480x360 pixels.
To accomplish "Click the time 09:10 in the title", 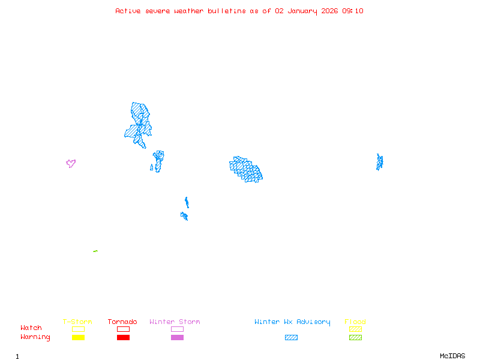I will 353,11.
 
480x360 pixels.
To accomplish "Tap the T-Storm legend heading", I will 77,322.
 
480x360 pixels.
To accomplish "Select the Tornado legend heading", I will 122,322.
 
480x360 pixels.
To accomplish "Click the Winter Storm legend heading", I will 175,322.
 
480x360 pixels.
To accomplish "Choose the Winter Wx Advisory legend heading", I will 292,322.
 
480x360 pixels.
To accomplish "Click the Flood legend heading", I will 355,322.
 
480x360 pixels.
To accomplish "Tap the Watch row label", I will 31,328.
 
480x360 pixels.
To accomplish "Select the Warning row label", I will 35,337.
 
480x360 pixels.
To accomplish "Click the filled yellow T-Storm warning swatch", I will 78,337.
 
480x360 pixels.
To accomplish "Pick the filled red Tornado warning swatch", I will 123,337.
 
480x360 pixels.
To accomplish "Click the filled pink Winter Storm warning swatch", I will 177,337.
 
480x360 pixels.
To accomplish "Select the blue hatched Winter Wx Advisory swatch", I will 291,337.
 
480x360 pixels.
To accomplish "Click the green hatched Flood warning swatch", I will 355,337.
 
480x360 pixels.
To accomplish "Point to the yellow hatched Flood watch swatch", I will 355,329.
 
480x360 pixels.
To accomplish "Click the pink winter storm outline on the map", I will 71,163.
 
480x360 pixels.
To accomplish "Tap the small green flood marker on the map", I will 95,251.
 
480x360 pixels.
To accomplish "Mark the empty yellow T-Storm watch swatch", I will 78,329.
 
